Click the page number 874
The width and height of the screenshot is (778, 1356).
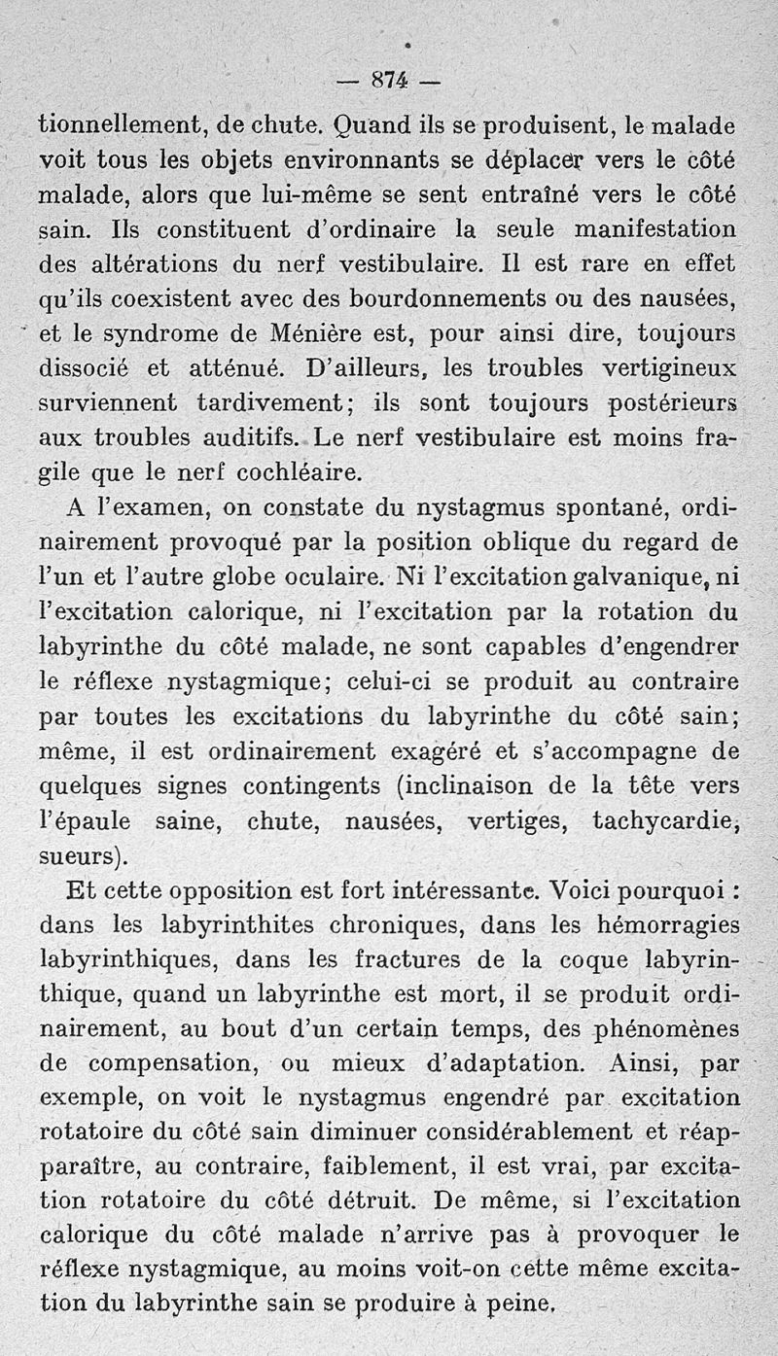point(388,83)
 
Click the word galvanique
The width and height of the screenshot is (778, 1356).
point(667,577)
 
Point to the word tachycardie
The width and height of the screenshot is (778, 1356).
point(661,820)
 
